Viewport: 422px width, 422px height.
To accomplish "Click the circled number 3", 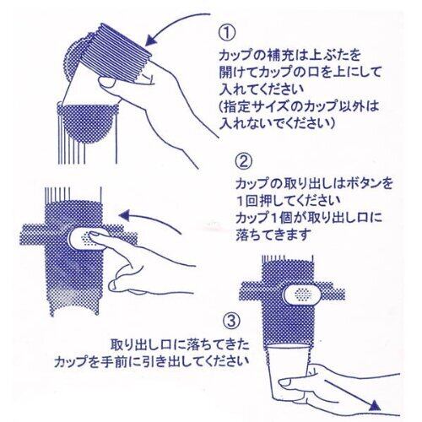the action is point(231,321).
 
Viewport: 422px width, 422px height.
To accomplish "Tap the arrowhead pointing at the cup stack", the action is point(152,41).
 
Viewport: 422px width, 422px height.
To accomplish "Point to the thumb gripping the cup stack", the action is point(108,82).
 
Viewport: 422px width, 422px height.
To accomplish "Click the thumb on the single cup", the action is point(290,381).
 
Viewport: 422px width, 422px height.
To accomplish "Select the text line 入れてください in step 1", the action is point(262,90).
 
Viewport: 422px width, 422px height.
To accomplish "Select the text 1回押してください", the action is point(289,201).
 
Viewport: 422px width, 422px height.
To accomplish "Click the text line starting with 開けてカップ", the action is point(300,73).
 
